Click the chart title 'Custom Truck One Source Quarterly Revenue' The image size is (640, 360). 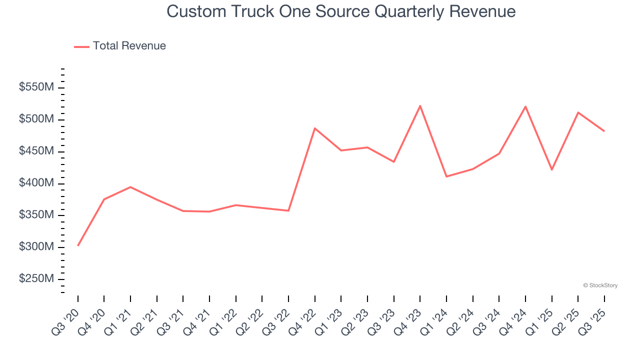coord(341,11)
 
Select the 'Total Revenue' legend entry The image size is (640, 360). coord(129,46)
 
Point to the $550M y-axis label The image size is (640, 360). coord(36,87)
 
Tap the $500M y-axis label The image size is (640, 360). coord(36,119)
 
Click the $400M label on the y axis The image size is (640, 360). coord(36,183)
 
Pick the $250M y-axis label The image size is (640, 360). coord(36,279)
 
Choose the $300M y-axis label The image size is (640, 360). coord(36,247)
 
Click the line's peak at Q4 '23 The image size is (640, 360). coord(420,105)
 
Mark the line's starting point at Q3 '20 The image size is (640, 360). coord(78,245)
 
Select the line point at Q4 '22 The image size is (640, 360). coord(314,128)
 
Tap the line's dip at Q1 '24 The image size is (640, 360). coord(446,176)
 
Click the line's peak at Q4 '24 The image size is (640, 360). coord(525,106)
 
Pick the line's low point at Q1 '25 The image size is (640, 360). coord(551,170)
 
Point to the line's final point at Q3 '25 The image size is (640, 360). coord(604,131)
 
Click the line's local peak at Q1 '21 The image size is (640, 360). coord(130,187)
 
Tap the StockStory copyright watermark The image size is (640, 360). coord(600,285)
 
